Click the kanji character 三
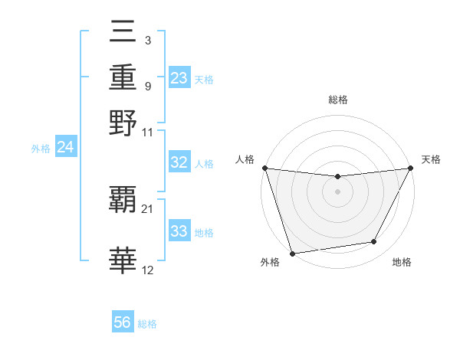click(123, 34)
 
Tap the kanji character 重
click(123, 77)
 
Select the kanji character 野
click(123, 123)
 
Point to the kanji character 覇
click(123, 201)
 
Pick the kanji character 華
click(123, 261)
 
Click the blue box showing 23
click(179, 78)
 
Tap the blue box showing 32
click(179, 162)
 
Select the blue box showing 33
click(179, 231)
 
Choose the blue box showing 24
click(65, 147)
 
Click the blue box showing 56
click(123, 323)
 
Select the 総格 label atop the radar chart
click(337, 100)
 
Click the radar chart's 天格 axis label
click(432, 159)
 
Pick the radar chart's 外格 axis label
click(270, 263)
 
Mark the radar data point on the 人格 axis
click(264, 168)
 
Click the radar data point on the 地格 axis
click(374, 242)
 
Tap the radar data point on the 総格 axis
click(337, 177)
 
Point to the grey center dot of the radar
click(337, 191)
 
